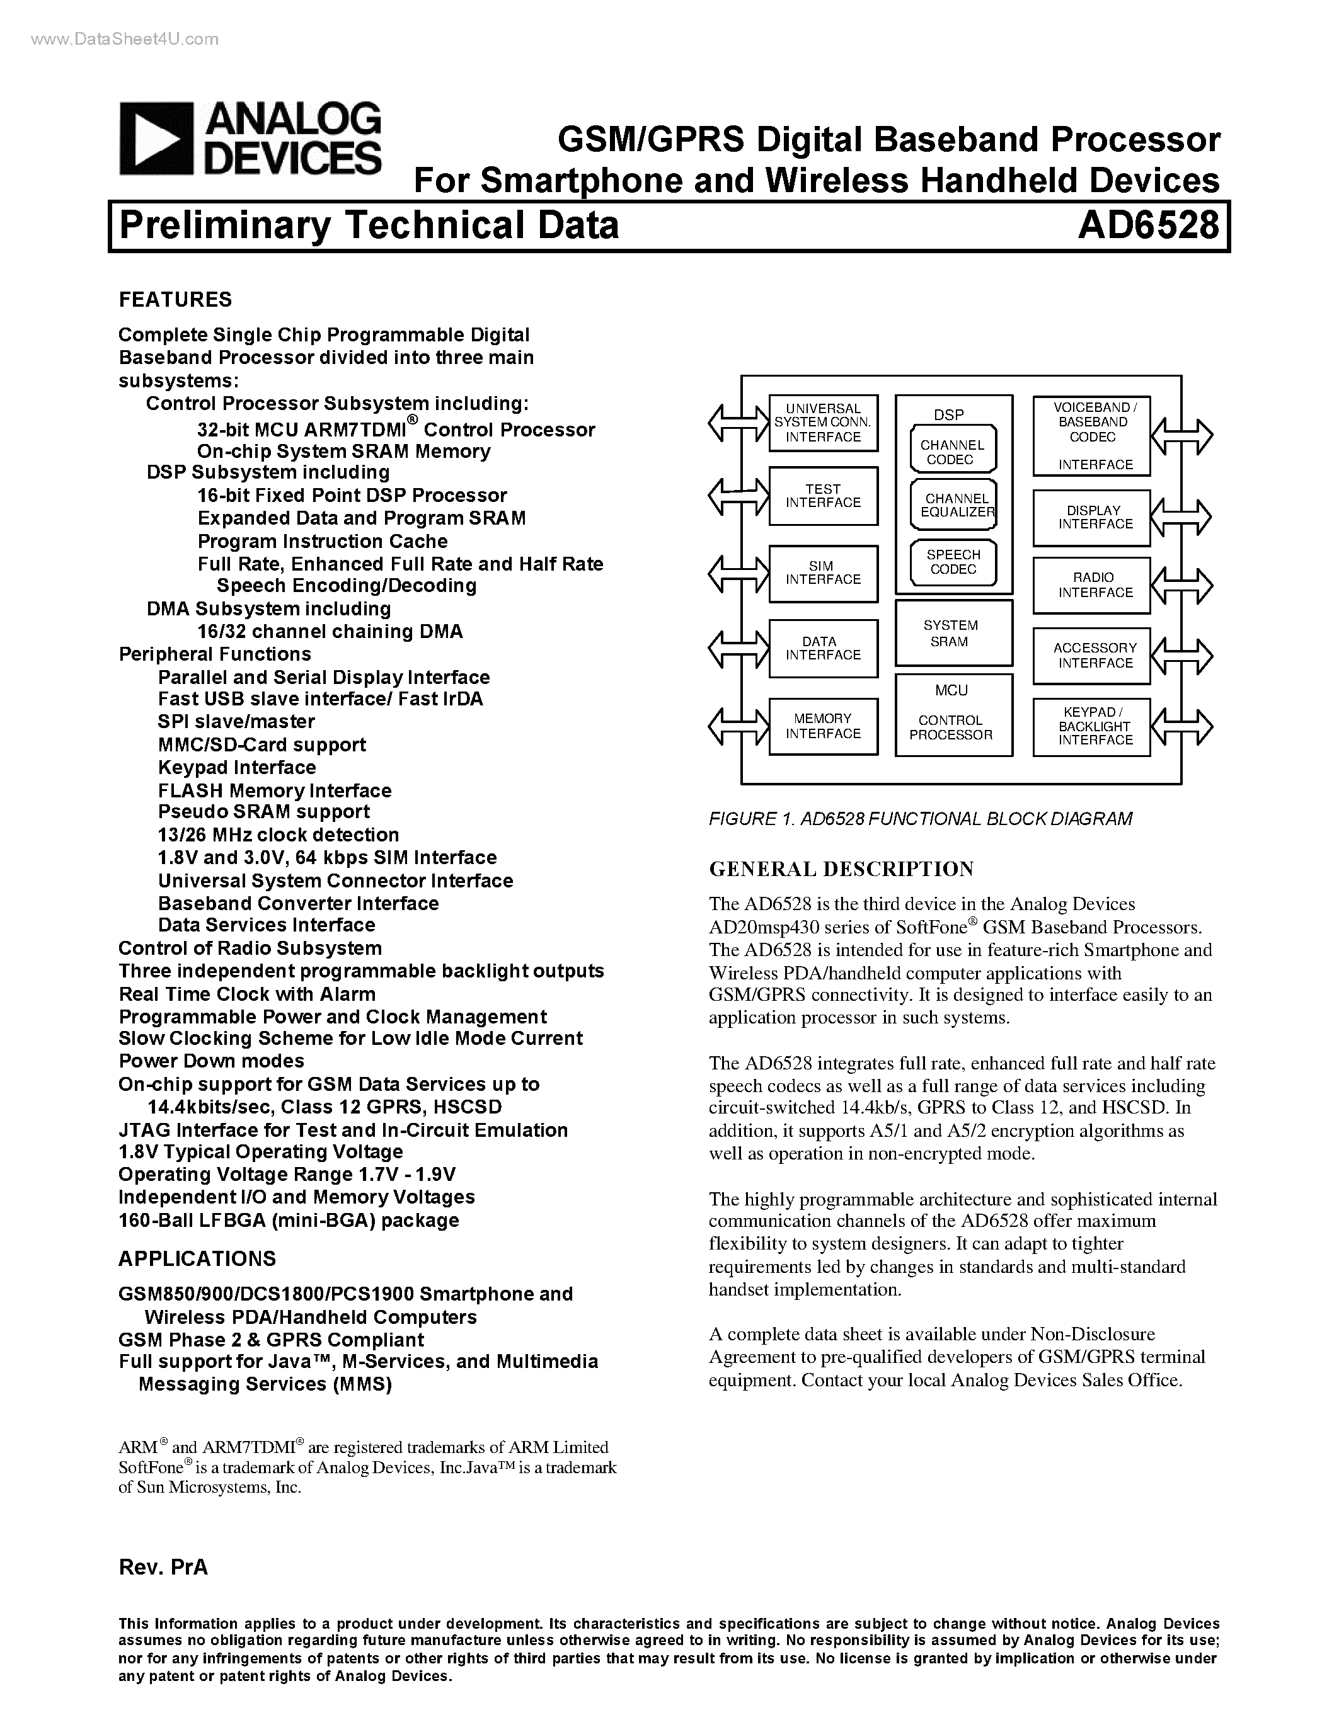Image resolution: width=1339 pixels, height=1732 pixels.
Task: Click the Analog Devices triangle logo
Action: point(156,139)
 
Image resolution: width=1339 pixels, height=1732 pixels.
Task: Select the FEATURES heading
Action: point(175,300)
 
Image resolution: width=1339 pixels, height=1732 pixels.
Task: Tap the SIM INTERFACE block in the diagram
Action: point(822,573)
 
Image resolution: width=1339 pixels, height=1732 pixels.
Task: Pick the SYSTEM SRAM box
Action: point(953,634)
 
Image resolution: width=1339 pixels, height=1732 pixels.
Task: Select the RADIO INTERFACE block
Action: point(1091,585)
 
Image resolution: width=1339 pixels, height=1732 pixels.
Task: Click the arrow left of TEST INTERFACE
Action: point(738,497)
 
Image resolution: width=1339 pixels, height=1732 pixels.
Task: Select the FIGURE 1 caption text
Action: point(919,818)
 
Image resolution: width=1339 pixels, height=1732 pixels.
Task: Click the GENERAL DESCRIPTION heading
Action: point(841,869)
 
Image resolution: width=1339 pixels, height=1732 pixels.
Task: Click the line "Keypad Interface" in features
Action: point(236,768)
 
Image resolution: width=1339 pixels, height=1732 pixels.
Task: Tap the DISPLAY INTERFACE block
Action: point(1091,518)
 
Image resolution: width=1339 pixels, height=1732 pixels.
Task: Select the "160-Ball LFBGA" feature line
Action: point(289,1221)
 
